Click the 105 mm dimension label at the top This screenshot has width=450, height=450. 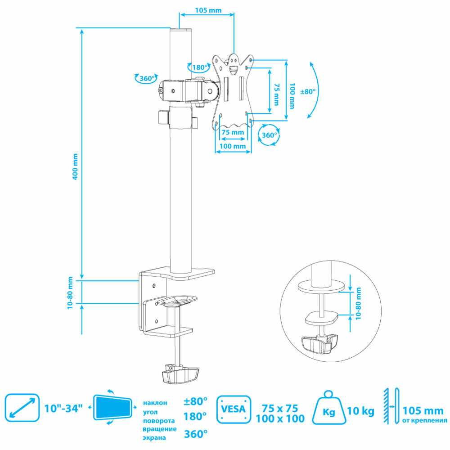pos(208,10)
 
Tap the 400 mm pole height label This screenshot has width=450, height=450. pos(75,167)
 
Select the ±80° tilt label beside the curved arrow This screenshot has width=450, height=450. pos(308,91)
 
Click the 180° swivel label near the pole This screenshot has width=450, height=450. pos(200,67)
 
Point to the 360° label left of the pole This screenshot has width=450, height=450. pos(147,78)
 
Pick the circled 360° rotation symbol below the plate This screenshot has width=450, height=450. pos(269,135)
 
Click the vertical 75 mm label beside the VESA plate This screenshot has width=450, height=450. pos(276,94)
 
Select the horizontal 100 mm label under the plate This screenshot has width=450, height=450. pos(233,146)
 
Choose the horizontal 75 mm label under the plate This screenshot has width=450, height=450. pos(233,132)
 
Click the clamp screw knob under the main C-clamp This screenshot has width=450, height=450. pos(181,373)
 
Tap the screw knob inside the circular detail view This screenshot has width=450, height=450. pos(319,343)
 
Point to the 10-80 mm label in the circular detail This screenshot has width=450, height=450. pos(358,303)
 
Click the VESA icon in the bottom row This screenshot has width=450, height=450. pos(234,409)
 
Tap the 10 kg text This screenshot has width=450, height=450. pos(361,411)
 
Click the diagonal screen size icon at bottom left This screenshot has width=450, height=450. pos(22,408)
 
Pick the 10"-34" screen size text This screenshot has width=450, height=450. pos(63,408)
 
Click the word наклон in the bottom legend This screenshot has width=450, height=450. pos(155,403)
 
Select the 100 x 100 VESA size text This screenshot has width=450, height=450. pos(280,418)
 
